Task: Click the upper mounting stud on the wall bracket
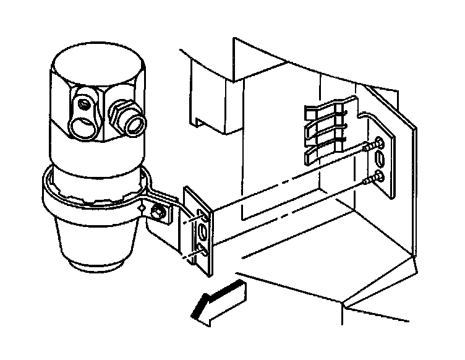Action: point(370,148)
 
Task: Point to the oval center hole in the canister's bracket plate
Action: point(203,233)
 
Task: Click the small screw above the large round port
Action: point(82,101)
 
